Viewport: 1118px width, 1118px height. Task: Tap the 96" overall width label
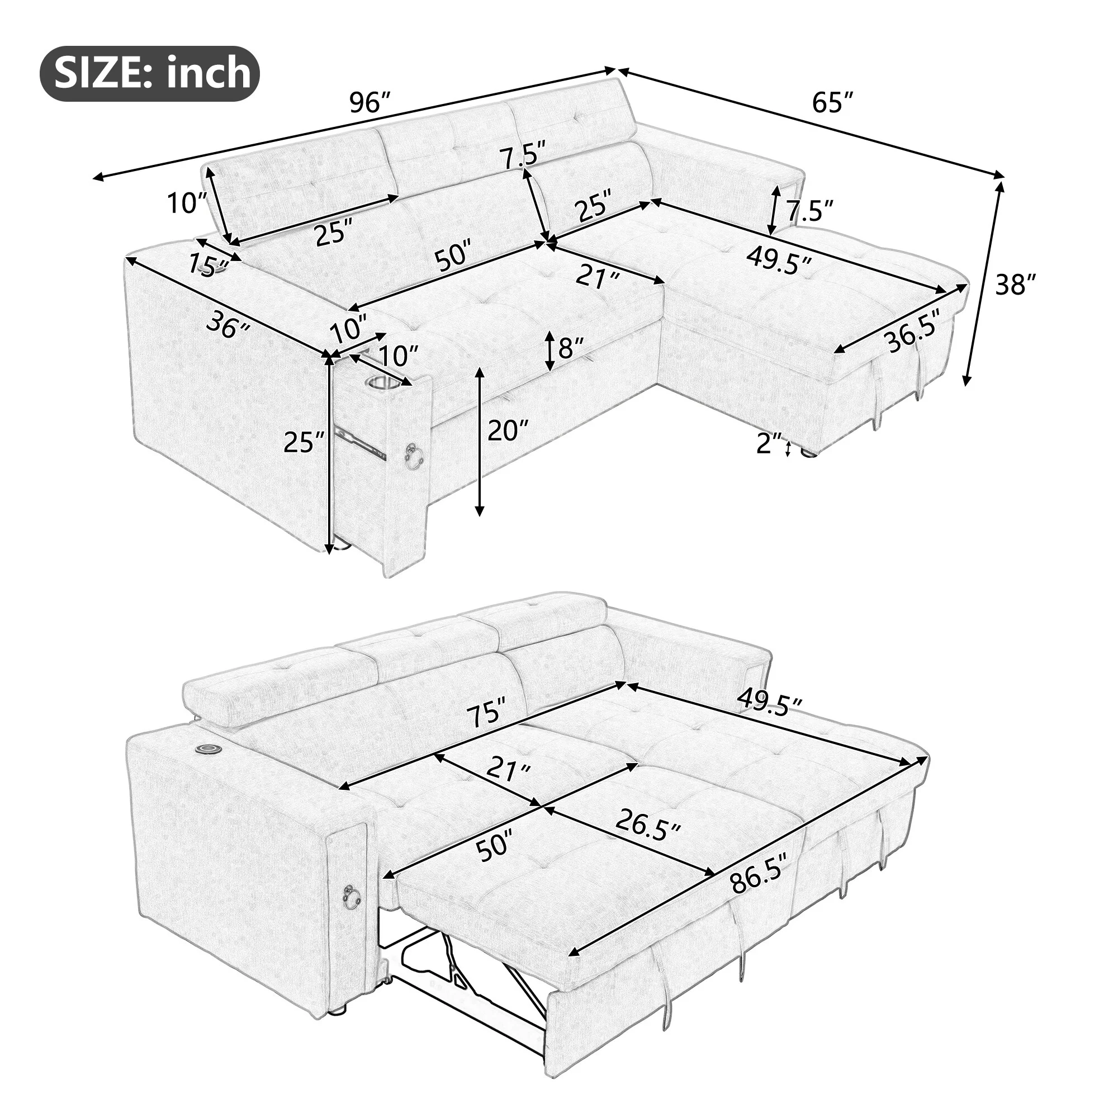371,103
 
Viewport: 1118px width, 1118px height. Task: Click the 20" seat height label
508,431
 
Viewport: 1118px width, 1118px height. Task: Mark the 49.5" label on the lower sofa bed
769,706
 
